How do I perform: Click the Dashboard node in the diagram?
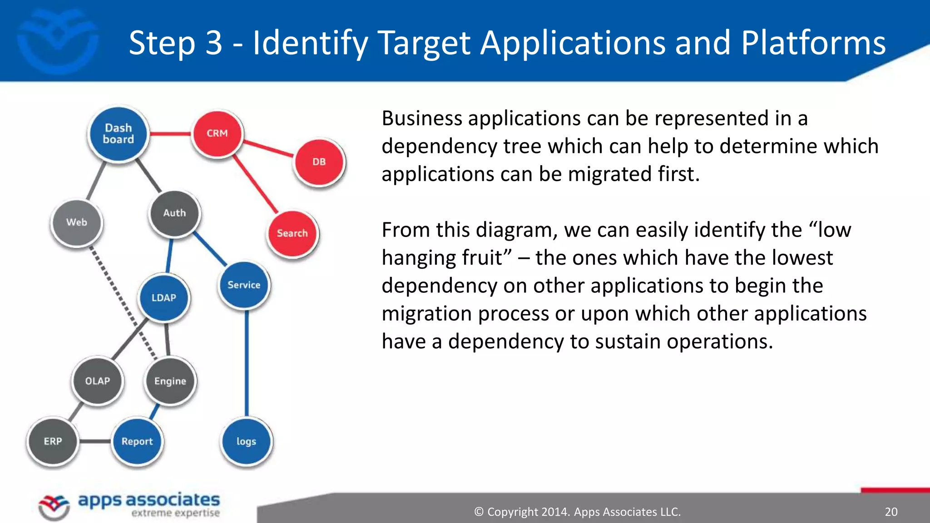coord(118,134)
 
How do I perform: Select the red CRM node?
coord(217,133)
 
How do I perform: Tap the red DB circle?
coord(319,162)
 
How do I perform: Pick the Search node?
coord(292,233)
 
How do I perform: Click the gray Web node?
coord(76,222)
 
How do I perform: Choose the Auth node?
coord(174,213)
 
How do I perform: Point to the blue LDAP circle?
coord(163,298)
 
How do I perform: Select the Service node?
coord(244,285)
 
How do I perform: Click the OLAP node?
coord(97,381)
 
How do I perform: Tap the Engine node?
coord(170,381)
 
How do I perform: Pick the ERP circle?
coord(53,441)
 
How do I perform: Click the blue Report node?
coord(137,441)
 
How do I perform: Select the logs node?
coord(246,441)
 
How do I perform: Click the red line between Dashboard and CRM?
coord(170,134)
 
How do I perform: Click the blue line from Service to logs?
coord(247,363)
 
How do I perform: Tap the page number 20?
coord(891,512)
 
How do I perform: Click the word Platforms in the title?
coord(813,43)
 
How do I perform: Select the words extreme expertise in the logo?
coord(175,513)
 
